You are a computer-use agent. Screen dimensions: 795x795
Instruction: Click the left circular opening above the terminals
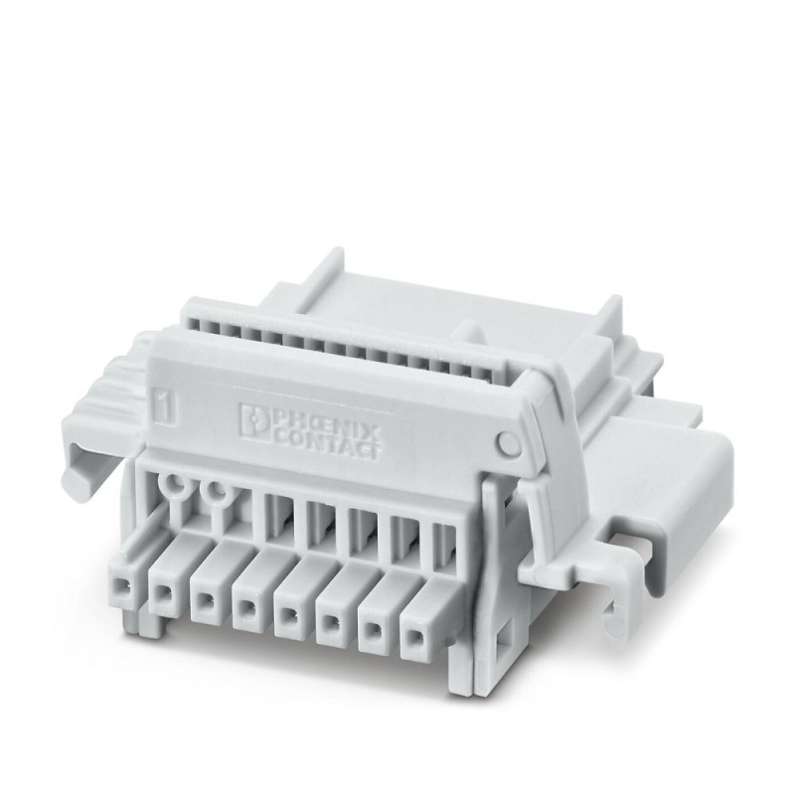pos(176,486)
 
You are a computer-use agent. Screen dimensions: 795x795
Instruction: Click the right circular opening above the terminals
pos(212,491)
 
